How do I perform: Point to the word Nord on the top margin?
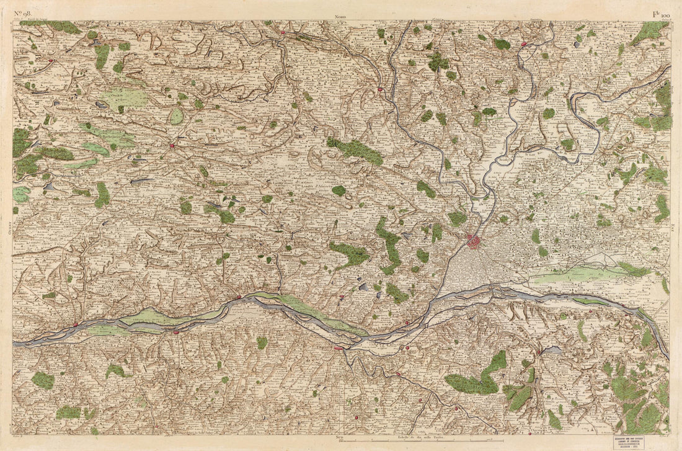point(340,17)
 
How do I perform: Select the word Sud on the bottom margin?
point(339,438)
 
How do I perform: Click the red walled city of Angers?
point(474,241)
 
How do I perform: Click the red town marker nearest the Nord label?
point(283,32)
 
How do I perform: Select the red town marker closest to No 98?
point(51,61)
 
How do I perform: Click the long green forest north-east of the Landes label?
point(356,151)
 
